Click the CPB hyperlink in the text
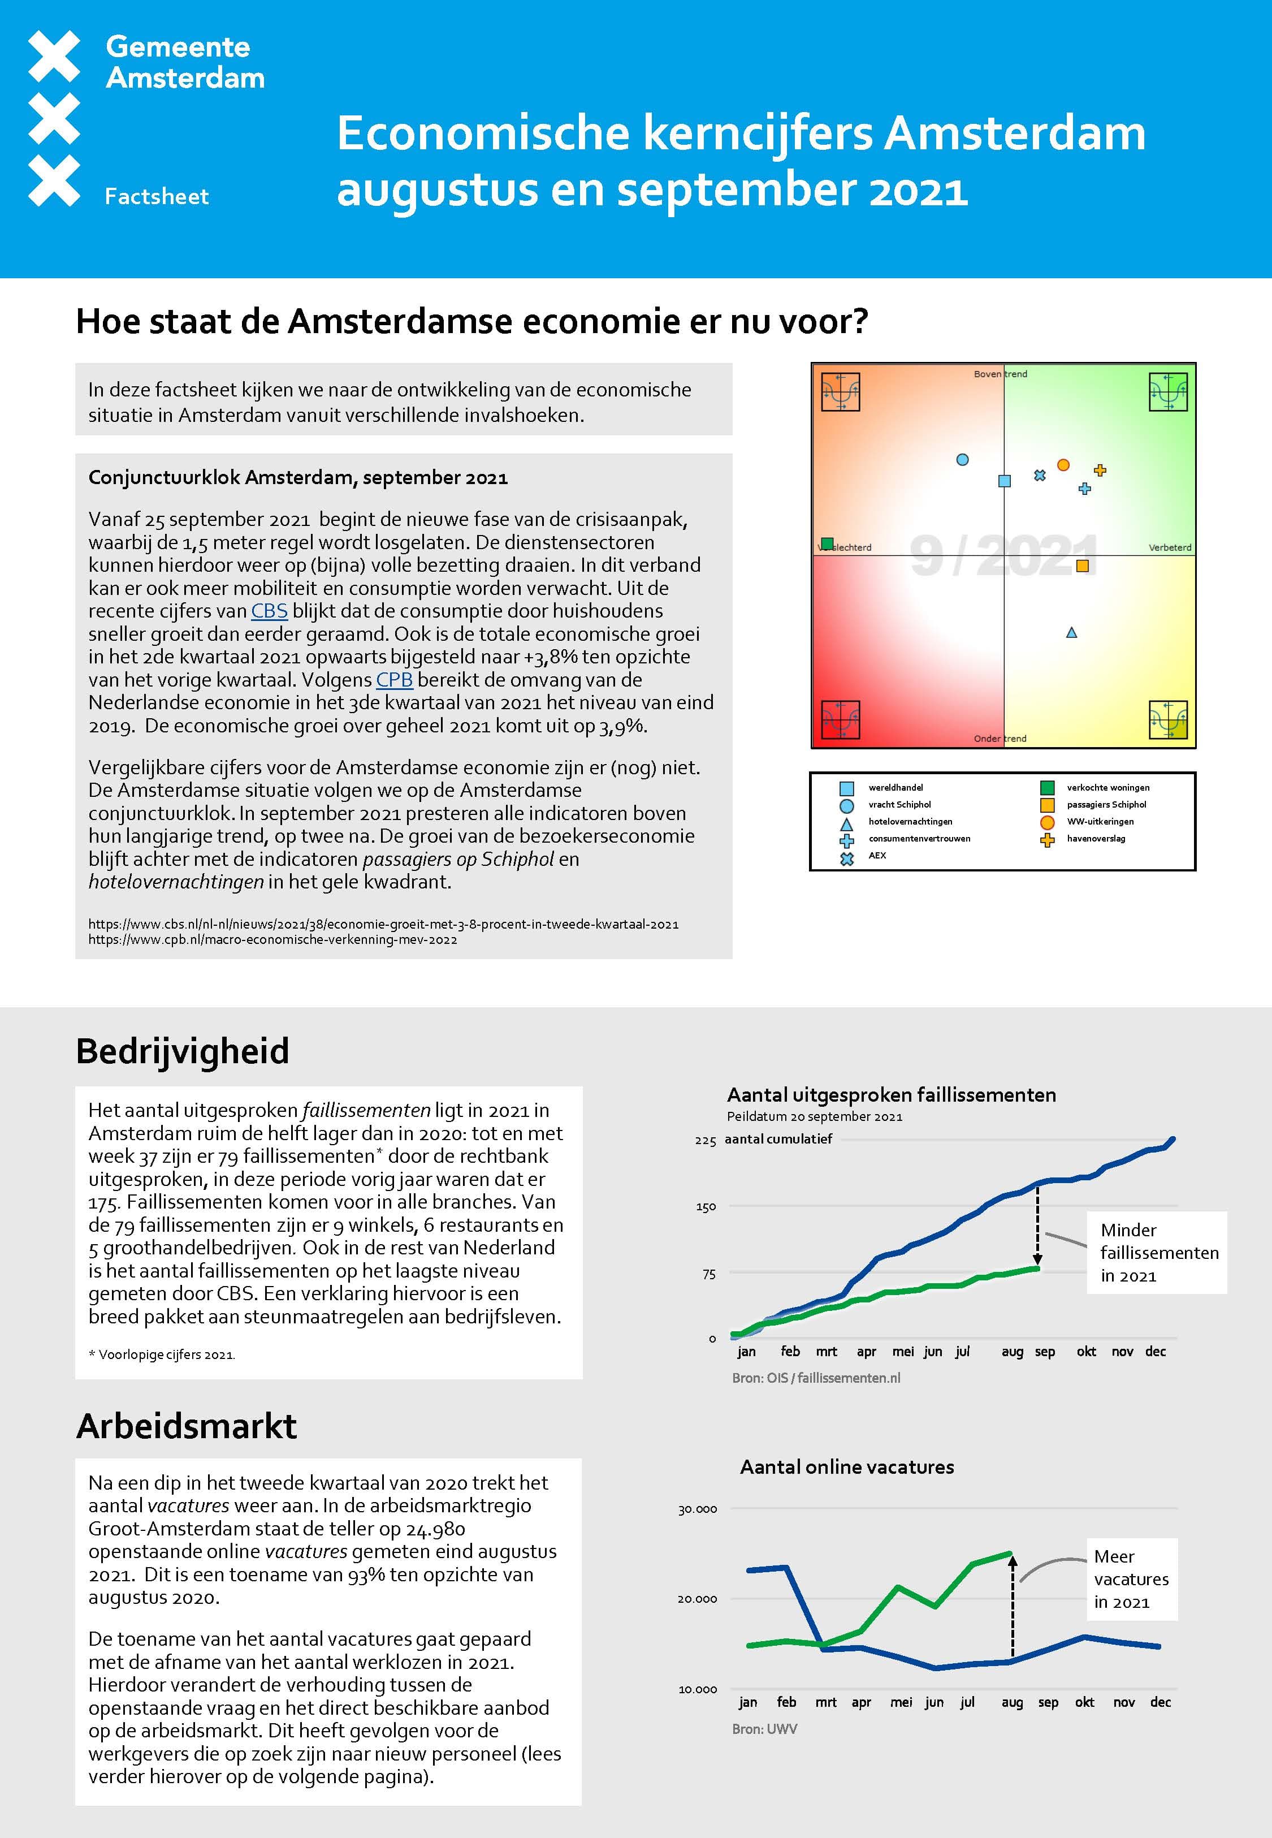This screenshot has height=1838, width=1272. pyautogui.click(x=393, y=680)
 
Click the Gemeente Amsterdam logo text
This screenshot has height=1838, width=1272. pyautogui.click(x=185, y=62)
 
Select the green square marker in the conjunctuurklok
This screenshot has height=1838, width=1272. pyautogui.click(x=827, y=543)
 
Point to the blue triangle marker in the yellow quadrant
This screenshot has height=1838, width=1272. pyautogui.click(x=1071, y=633)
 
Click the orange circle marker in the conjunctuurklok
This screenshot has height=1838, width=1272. pyautogui.click(x=1063, y=465)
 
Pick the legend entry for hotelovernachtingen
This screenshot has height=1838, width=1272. pyautogui.click(x=910, y=822)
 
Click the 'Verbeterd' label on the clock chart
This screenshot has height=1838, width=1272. pyautogui.click(x=1169, y=547)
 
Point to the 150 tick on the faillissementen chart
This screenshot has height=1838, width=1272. pyautogui.click(x=706, y=1207)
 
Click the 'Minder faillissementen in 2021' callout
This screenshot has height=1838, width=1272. pyautogui.click(x=1157, y=1253)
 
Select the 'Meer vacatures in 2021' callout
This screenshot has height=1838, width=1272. pyautogui.click(x=1131, y=1579)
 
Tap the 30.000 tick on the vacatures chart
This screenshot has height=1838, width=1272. pyautogui.click(x=698, y=1509)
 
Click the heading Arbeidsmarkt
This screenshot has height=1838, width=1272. pyautogui.click(x=187, y=1426)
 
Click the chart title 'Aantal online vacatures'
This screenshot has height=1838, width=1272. pyautogui.click(x=846, y=1468)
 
